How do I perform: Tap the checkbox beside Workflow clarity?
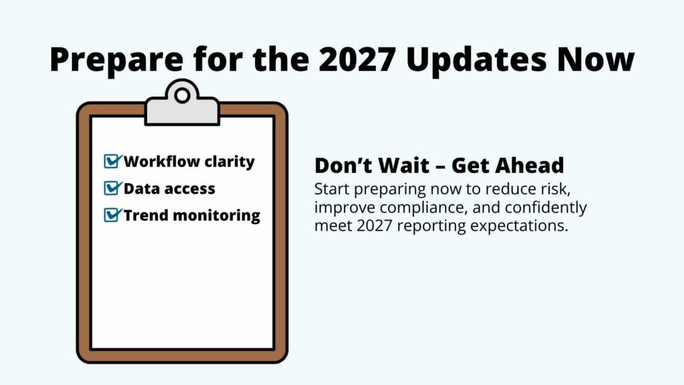click(x=112, y=161)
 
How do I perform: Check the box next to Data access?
click(x=112, y=188)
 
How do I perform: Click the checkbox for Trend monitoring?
click(x=112, y=215)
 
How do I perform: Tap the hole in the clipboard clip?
click(x=182, y=96)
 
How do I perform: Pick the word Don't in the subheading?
click(x=339, y=165)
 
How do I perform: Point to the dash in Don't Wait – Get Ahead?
click(x=442, y=166)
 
